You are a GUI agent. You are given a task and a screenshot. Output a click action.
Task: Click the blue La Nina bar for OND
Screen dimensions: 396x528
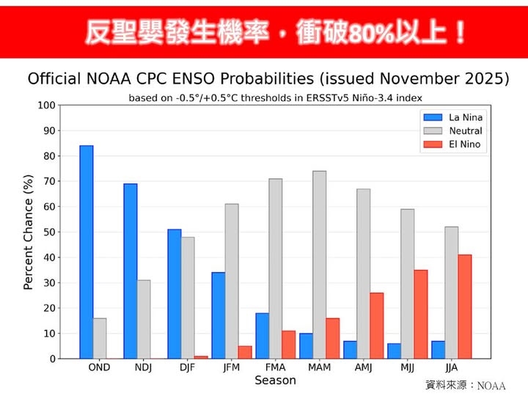[87, 252]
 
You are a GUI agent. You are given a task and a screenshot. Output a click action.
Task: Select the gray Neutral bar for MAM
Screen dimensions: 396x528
[320, 265]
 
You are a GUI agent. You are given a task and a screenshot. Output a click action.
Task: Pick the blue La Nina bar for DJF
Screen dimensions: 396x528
[175, 293]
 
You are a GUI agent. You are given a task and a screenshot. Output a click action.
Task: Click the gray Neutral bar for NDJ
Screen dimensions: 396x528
[144, 319]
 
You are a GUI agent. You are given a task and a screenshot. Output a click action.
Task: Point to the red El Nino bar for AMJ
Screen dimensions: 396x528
[377, 326]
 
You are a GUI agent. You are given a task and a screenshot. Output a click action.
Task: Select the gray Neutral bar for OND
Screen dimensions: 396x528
[100, 338]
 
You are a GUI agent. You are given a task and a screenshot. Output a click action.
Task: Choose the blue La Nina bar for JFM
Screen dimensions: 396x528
[219, 315]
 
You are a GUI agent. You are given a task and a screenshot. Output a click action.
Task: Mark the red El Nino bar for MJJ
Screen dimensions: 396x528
[421, 314]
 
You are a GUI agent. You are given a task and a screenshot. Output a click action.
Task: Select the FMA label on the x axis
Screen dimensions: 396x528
[276, 367]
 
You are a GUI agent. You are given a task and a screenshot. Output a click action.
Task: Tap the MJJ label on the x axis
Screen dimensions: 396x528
[408, 367]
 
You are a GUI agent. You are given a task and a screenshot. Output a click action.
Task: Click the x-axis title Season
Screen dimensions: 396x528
[275, 380]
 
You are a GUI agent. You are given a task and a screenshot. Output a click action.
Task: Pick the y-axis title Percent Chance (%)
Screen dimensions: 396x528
[29, 232]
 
